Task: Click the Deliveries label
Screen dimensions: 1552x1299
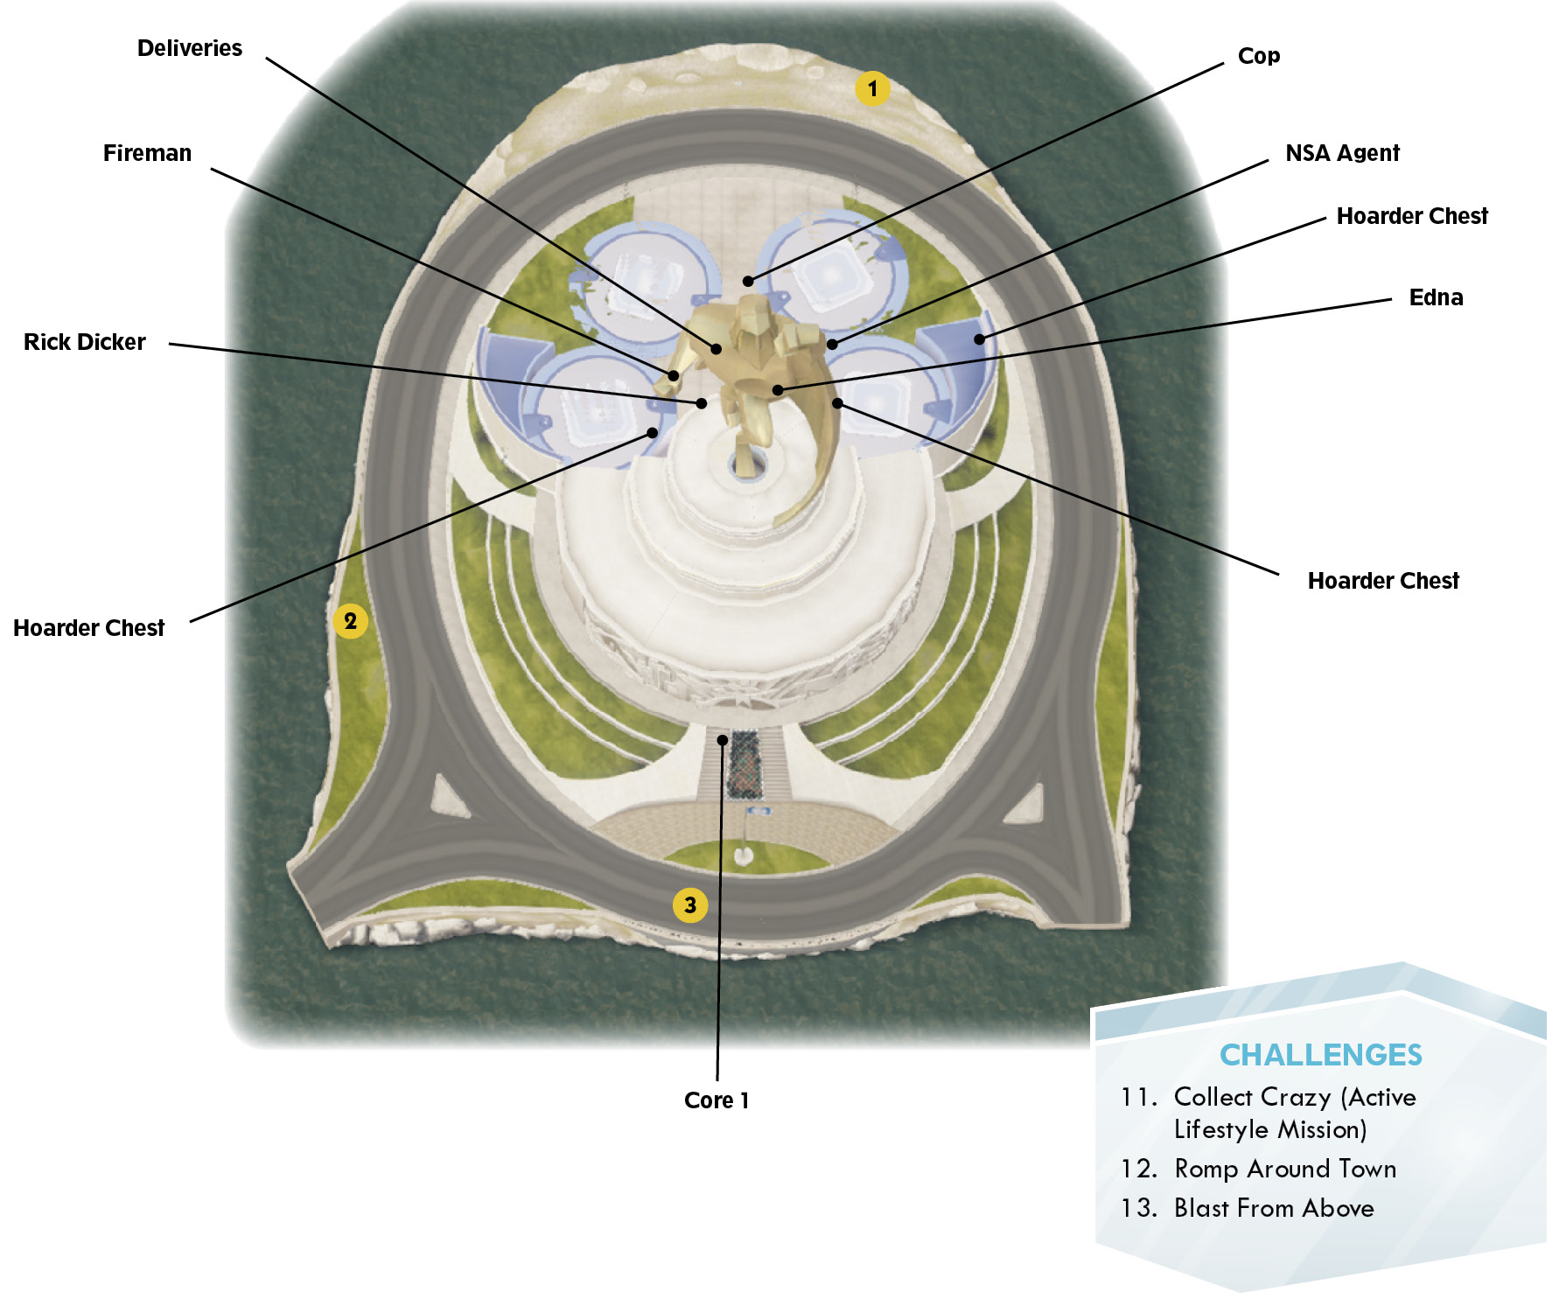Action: (x=190, y=48)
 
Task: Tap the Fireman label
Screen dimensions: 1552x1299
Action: (x=147, y=153)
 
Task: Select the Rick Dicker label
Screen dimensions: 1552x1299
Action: (x=85, y=342)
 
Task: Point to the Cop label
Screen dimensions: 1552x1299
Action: (x=1259, y=56)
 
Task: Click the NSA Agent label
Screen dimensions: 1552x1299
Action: (x=1343, y=153)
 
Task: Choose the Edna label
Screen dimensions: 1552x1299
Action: (x=1437, y=297)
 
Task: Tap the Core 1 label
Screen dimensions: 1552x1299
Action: (x=717, y=1100)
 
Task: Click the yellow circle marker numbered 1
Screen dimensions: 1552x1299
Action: (x=872, y=88)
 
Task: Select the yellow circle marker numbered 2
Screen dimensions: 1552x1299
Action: (x=350, y=621)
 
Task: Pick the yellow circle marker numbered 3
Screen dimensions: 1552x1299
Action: (x=690, y=904)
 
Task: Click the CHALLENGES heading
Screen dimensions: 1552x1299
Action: (x=1321, y=1055)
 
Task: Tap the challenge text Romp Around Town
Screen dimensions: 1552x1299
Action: (x=1285, y=1169)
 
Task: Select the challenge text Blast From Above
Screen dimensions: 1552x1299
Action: (x=1274, y=1208)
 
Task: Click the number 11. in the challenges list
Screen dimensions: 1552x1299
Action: (x=1139, y=1097)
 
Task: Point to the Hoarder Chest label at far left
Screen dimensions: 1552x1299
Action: (x=89, y=628)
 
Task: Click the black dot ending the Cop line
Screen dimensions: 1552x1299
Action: (x=748, y=281)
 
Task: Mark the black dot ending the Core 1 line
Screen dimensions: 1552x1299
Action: (x=723, y=740)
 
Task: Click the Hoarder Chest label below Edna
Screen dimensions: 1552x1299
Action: (x=1383, y=581)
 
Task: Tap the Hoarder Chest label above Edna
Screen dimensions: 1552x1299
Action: (x=1412, y=216)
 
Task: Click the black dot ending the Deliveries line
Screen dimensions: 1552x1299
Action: (x=717, y=349)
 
